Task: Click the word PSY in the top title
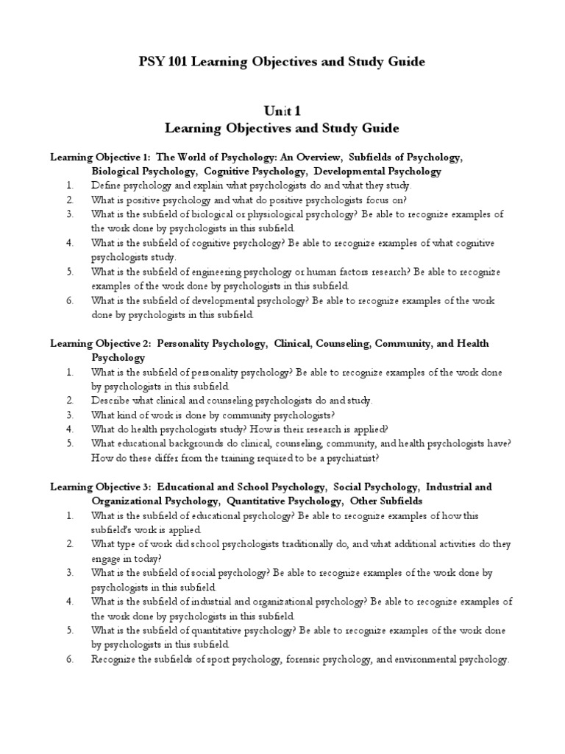(x=152, y=62)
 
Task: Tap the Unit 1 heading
(x=282, y=110)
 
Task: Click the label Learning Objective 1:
(x=100, y=158)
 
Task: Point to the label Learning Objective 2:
(x=100, y=344)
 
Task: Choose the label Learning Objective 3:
(x=100, y=487)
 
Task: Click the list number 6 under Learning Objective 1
(x=69, y=300)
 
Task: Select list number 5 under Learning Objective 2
(x=69, y=444)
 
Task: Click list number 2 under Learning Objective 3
(x=69, y=544)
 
